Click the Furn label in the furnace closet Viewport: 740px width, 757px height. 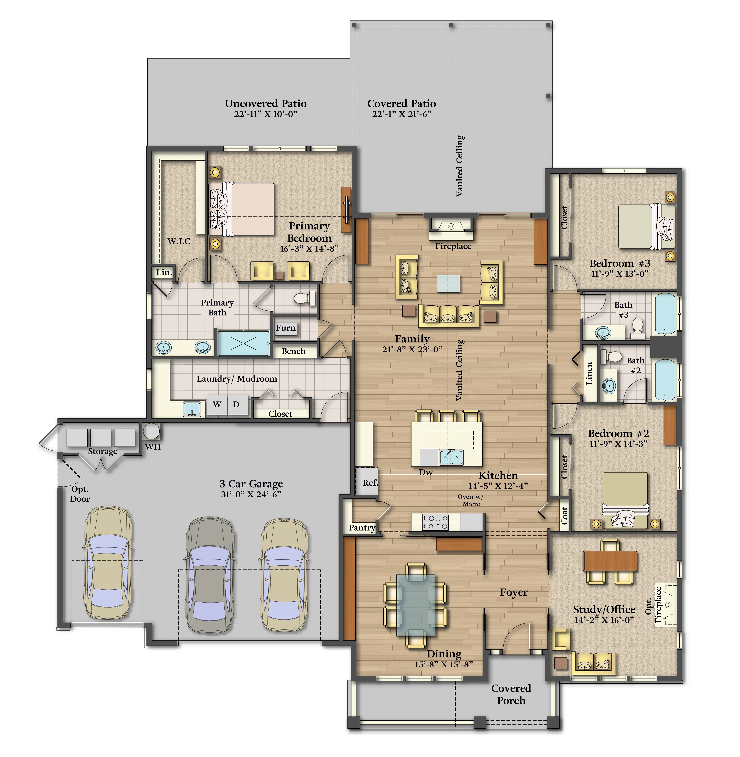pos(286,328)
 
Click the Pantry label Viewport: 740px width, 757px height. pos(362,528)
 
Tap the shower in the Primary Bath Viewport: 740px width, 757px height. pos(243,343)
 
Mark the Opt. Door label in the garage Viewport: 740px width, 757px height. pos(80,494)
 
